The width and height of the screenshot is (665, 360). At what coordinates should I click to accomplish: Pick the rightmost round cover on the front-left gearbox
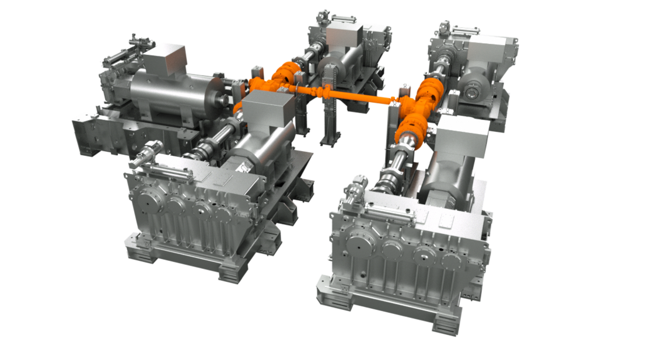tap(223, 216)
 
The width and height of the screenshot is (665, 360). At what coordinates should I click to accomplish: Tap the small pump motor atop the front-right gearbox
tap(356, 193)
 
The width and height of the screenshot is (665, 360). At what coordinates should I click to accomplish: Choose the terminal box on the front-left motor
tap(267, 110)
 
